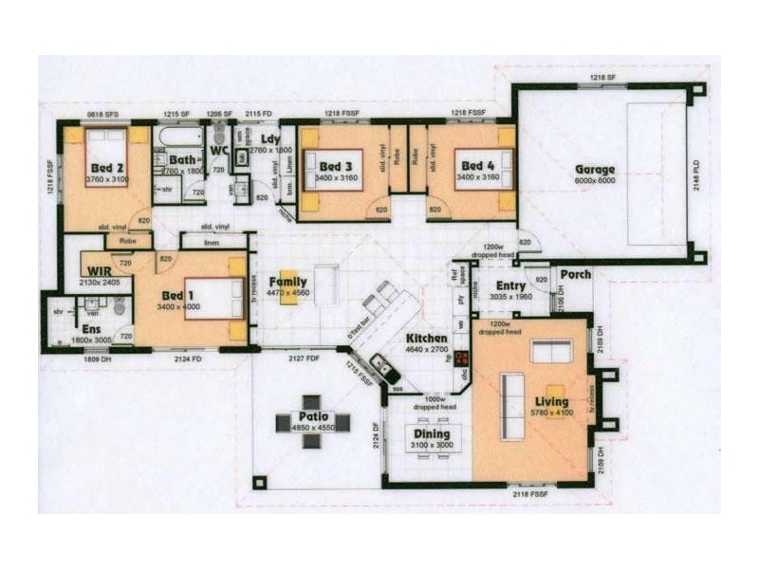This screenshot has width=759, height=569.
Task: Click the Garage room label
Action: [x=595, y=170]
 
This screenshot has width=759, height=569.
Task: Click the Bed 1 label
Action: [x=176, y=296]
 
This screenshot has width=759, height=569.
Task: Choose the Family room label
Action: [x=287, y=282]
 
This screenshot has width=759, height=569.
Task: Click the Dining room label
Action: [x=431, y=433]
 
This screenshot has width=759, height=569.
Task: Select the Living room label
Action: [x=550, y=402]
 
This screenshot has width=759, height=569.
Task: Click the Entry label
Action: [x=510, y=285]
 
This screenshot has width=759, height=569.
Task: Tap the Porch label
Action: [x=575, y=275]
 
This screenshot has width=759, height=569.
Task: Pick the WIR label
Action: [x=98, y=271]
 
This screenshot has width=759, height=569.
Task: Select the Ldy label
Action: [x=270, y=138]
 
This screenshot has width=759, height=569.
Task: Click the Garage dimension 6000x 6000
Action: [x=595, y=180]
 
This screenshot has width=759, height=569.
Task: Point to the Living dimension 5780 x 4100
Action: [x=550, y=413]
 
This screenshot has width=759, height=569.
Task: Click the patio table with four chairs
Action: [x=313, y=423]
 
